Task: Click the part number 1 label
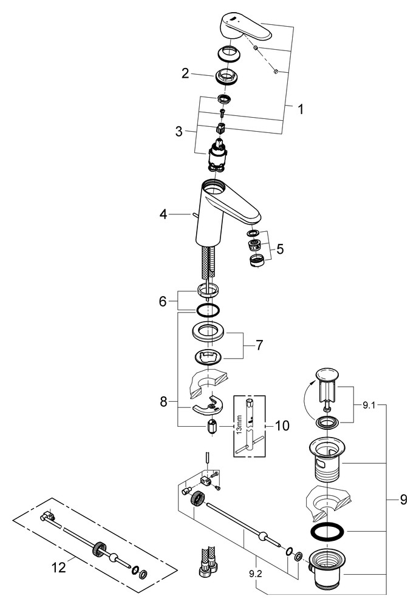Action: [x=299, y=110]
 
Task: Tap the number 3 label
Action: [x=179, y=131]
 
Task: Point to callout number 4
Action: [x=163, y=214]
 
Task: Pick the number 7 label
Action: [x=259, y=345]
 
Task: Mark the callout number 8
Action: [x=163, y=402]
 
